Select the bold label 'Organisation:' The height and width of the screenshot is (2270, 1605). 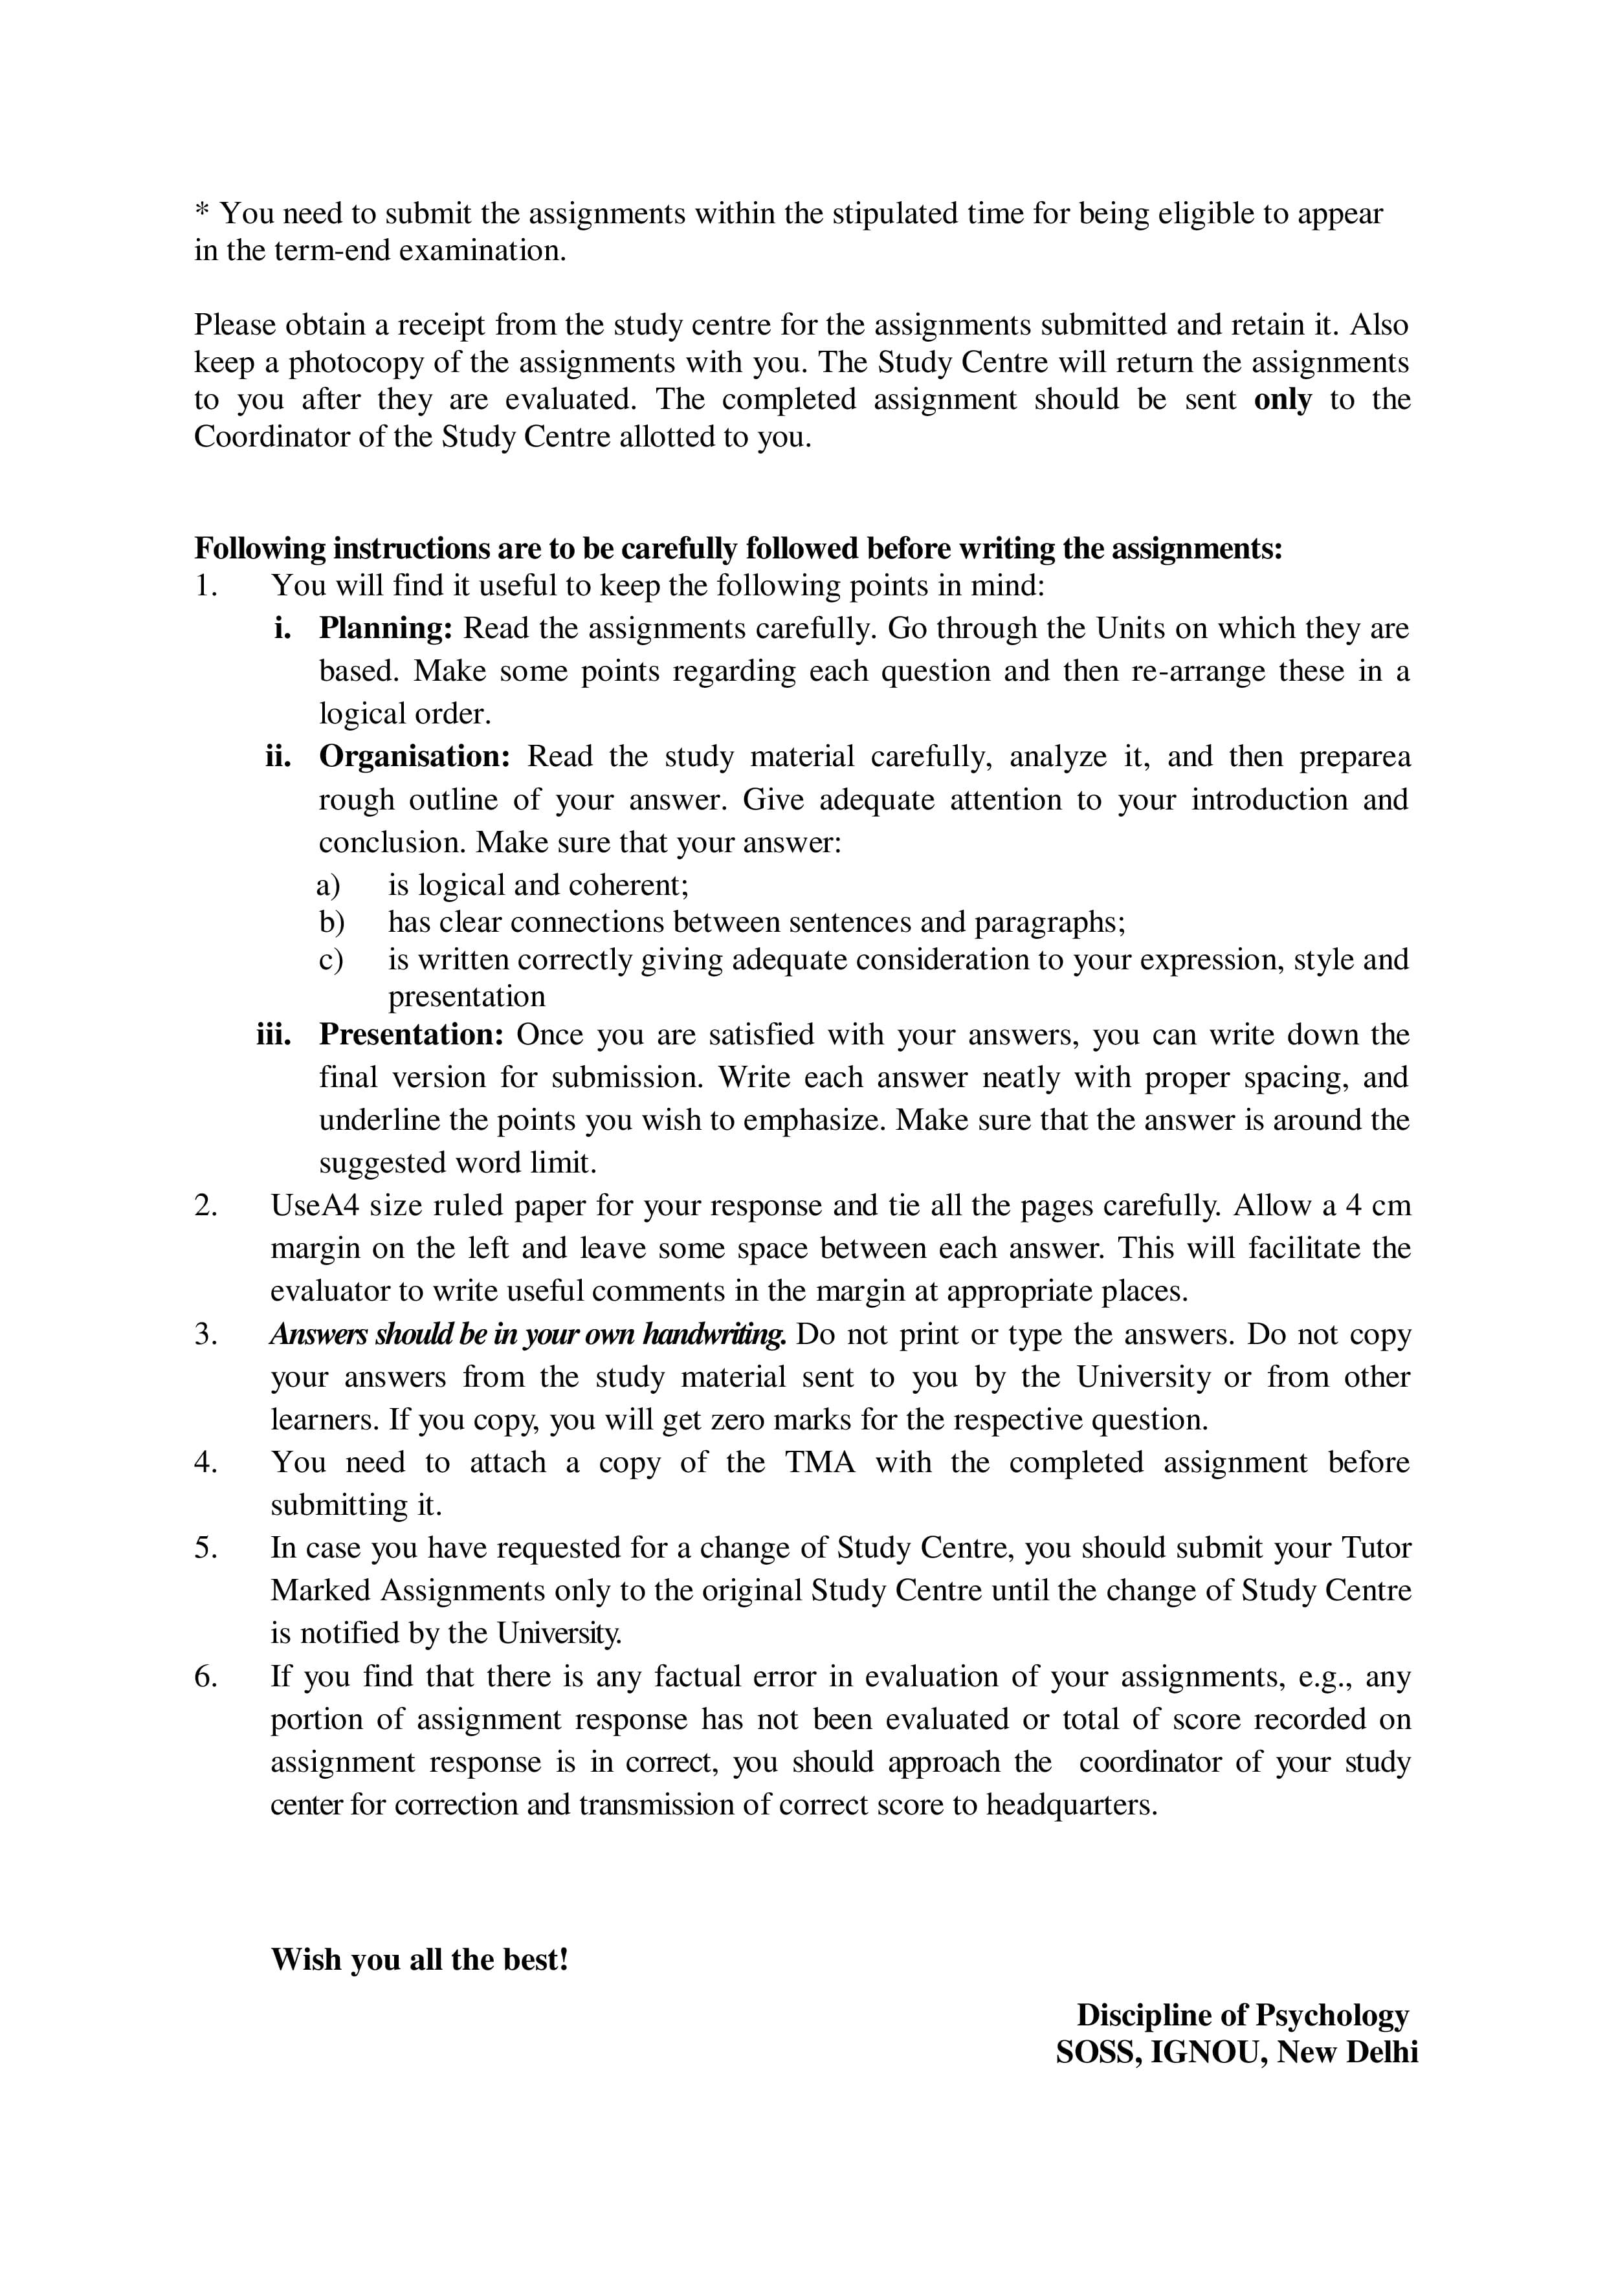(414, 756)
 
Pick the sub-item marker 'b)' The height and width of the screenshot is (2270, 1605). (331, 923)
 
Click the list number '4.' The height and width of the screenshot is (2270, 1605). (206, 1462)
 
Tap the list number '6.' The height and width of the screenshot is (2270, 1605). (206, 1677)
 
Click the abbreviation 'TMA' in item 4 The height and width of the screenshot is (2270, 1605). (820, 1462)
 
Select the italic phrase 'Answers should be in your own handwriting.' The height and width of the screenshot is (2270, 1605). (528, 1335)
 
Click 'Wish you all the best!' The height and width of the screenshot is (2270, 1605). (419, 1959)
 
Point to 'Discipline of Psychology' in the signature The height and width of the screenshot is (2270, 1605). (1242, 2015)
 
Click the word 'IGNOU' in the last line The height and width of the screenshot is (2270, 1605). (1208, 2053)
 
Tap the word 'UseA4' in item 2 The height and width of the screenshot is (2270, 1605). (307, 1206)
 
